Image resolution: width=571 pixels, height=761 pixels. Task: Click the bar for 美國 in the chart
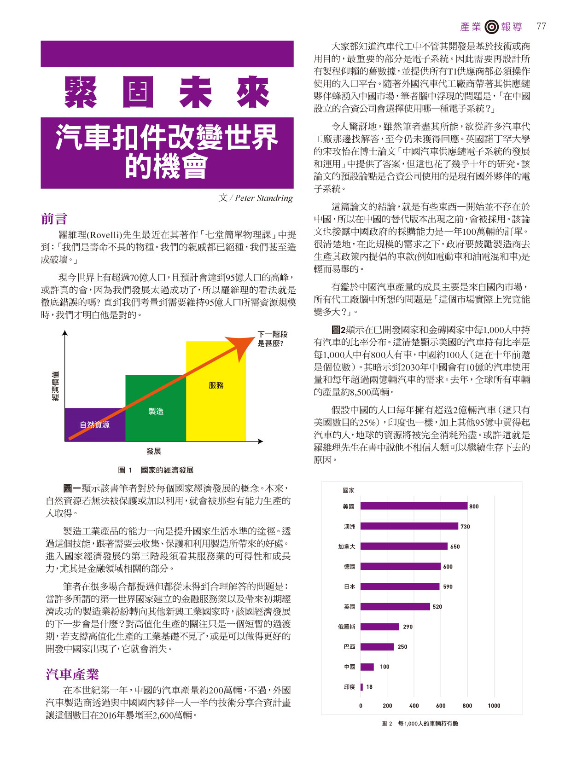tap(414, 506)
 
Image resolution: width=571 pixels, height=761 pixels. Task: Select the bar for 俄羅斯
tap(379, 627)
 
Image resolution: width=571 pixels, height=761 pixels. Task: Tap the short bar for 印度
tap(361, 687)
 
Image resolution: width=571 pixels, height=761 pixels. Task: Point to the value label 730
tap(465, 526)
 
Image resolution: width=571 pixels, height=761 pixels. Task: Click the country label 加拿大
tap(347, 546)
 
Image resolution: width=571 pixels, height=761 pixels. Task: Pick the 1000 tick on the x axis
tap(494, 706)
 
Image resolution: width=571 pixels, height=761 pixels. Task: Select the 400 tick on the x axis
tap(414, 706)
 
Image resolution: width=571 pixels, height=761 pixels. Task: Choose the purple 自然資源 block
tap(95, 424)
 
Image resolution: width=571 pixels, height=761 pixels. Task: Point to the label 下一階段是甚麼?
tap(273, 339)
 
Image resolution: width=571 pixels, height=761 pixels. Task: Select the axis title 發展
tap(154, 451)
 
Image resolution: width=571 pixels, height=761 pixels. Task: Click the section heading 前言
tap(54, 219)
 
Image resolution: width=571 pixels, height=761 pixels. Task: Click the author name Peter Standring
tap(264, 198)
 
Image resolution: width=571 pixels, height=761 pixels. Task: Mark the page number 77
tap(541, 26)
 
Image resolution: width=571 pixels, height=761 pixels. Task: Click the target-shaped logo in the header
tap(491, 27)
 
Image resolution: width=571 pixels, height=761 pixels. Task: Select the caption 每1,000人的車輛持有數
tap(428, 724)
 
